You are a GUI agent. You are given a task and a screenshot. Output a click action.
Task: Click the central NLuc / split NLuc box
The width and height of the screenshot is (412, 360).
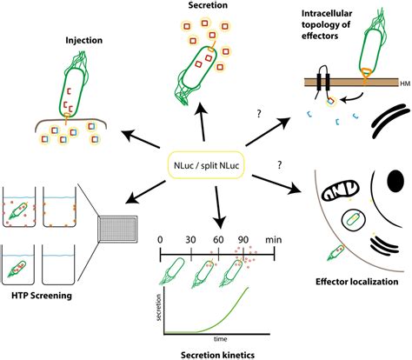coord(205,163)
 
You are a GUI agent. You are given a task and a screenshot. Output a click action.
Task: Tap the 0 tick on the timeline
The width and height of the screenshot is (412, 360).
coord(160,237)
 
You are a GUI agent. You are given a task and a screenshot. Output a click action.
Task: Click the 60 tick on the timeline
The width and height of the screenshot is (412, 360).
coord(218,237)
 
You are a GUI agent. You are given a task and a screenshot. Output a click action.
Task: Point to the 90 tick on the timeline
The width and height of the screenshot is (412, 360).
coord(246,237)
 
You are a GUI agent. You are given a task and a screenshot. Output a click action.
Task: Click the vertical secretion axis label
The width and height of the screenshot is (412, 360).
coord(159,310)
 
